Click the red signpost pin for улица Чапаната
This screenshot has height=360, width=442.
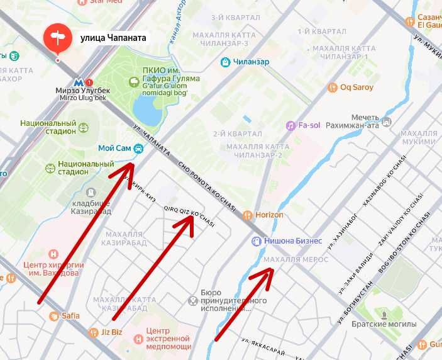click(58, 38)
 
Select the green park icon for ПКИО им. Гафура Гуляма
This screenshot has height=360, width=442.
click(133, 82)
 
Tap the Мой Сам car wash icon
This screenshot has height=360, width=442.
click(138, 149)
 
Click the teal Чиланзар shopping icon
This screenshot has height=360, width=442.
click(225, 62)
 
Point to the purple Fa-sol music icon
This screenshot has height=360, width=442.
click(290, 125)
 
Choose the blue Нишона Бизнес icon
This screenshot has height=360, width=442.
click(256, 240)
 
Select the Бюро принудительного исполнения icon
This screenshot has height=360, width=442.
click(193, 300)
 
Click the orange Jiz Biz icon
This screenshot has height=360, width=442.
click(93, 332)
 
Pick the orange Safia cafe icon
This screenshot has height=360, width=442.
click(55, 316)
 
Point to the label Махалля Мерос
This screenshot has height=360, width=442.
click(296, 259)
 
